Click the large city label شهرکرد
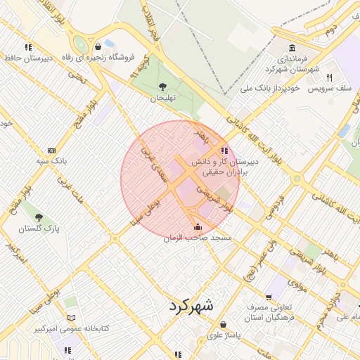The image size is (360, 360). coord(189,307)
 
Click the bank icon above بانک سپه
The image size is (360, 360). coord(51,150)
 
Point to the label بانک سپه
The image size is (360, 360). coord(53,161)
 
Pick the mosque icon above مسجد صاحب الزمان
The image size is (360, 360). coord(197,226)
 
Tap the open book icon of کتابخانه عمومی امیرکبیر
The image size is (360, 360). coord(70,318)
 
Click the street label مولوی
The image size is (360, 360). coord(295,285)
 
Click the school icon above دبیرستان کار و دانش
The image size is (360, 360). coord(224,150)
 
